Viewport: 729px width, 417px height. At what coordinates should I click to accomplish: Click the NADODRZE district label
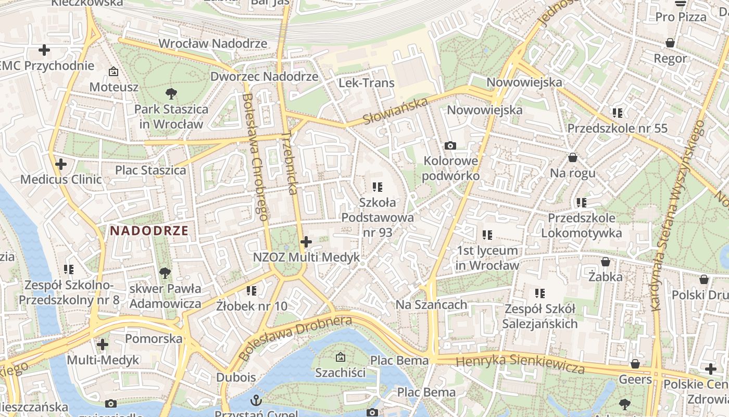pos(149,230)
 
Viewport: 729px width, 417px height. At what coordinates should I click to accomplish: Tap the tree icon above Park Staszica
pos(171,94)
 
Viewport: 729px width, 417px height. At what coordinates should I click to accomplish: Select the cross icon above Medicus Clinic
pos(61,164)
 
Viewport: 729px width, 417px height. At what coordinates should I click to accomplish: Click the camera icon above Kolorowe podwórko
pos(450,145)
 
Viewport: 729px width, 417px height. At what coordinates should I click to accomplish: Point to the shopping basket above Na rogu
pos(573,157)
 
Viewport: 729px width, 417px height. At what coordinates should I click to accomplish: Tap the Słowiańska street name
pos(395,111)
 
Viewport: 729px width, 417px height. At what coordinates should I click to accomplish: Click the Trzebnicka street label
pos(290,163)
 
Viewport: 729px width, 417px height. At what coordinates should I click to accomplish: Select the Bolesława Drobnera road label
pos(295,337)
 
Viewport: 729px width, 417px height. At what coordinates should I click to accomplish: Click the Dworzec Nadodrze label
pos(264,77)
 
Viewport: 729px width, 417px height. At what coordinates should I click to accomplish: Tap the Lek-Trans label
pos(367,83)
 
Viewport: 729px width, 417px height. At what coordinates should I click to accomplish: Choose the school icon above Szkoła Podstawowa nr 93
pos(378,187)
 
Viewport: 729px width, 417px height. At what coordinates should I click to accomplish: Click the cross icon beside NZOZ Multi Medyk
pos(306,242)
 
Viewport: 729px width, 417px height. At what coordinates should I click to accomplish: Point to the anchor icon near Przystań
pos(256,400)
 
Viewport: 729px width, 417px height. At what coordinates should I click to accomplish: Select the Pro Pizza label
pos(681,17)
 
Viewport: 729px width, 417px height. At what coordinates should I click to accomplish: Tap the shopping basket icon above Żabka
pos(605,261)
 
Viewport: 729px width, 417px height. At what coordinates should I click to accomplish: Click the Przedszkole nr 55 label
pos(617,128)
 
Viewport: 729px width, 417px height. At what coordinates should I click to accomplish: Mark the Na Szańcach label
pos(431,304)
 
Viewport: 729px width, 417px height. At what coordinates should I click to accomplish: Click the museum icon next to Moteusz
pos(113,71)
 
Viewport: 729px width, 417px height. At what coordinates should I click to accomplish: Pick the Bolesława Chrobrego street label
pos(255,156)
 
